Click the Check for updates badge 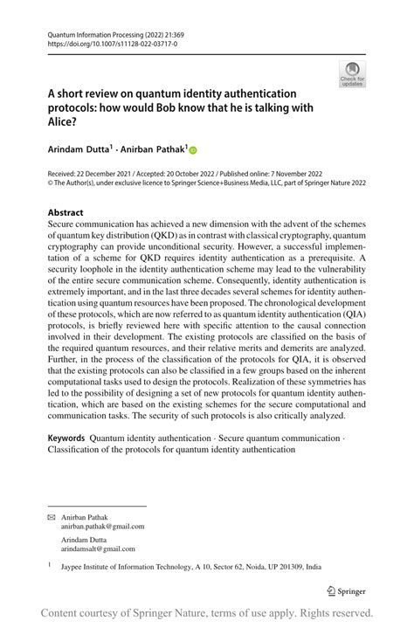352,73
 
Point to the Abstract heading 66,212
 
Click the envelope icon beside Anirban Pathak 51,517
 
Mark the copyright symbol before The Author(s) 51,184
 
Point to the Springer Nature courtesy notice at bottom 207,612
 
